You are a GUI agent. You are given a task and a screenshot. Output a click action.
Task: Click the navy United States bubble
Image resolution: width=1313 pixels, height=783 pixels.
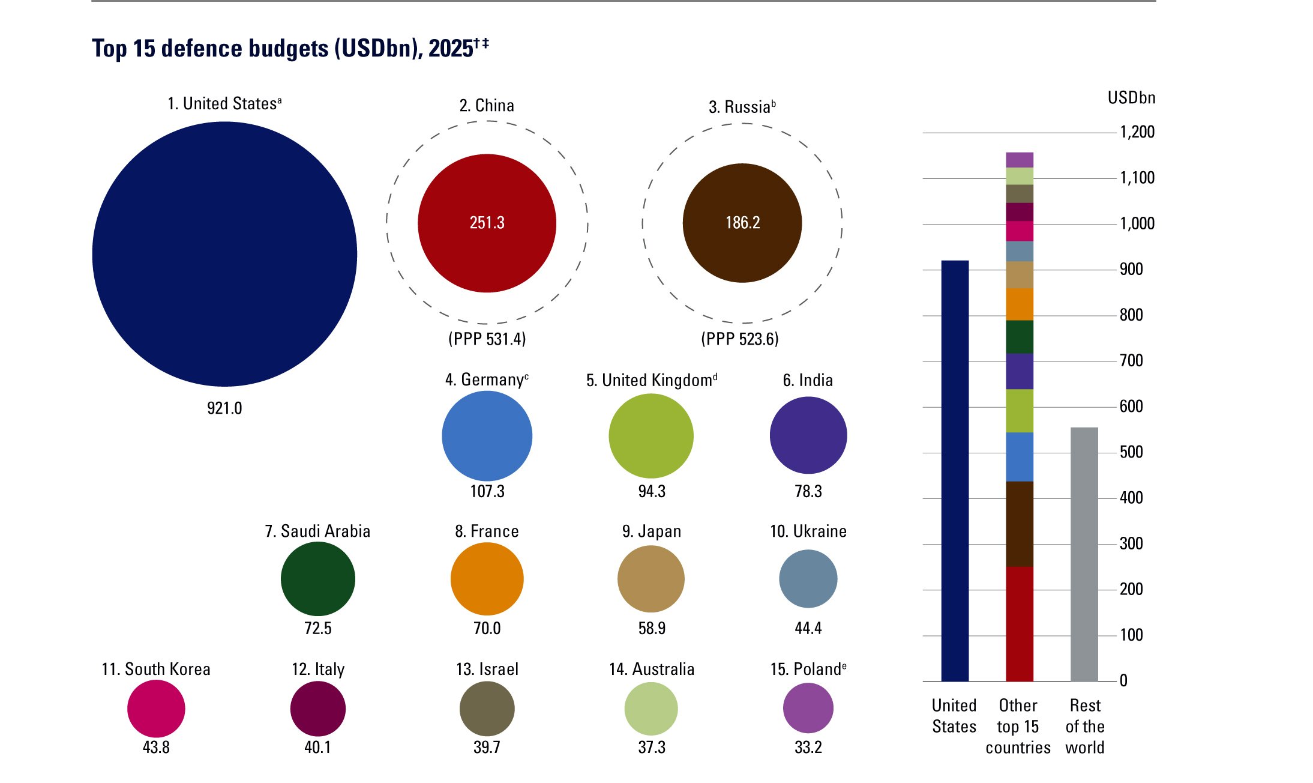point(224,254)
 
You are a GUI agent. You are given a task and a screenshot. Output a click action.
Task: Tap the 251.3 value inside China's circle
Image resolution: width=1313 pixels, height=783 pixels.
point(487,223)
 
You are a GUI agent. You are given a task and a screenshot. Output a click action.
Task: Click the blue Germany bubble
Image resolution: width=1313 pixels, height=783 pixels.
point(487,435)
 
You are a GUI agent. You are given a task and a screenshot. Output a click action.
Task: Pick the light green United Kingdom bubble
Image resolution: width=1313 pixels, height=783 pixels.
point(651,436)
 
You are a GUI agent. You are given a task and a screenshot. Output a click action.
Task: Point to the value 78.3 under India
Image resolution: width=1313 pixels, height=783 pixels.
point(808,491)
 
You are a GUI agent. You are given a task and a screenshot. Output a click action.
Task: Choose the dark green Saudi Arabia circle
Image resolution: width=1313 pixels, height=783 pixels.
point(317,579)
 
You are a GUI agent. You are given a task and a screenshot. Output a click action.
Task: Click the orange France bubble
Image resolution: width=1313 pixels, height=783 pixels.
point(487,579)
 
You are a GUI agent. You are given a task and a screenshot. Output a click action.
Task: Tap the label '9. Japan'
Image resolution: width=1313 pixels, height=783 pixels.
point(652,531)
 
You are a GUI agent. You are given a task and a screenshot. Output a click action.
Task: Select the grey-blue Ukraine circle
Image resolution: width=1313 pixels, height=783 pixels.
point(808,579)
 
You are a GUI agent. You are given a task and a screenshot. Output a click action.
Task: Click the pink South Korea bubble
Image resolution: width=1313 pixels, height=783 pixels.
point(156,709)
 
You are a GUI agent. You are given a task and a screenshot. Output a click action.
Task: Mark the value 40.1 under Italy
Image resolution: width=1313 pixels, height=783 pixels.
point(317,748)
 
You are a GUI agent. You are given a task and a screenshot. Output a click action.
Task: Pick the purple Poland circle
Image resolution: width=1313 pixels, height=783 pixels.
point(808,708)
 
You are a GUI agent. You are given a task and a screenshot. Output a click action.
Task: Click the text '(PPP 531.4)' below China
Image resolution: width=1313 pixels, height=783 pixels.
point(487,339)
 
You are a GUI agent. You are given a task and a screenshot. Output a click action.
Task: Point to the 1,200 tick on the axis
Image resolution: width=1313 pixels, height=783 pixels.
point(1137,132)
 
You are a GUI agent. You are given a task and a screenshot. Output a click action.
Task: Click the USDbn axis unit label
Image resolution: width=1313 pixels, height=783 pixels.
point(1131,98)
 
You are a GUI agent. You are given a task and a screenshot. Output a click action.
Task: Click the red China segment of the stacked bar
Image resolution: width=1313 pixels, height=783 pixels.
point(1019,624)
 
